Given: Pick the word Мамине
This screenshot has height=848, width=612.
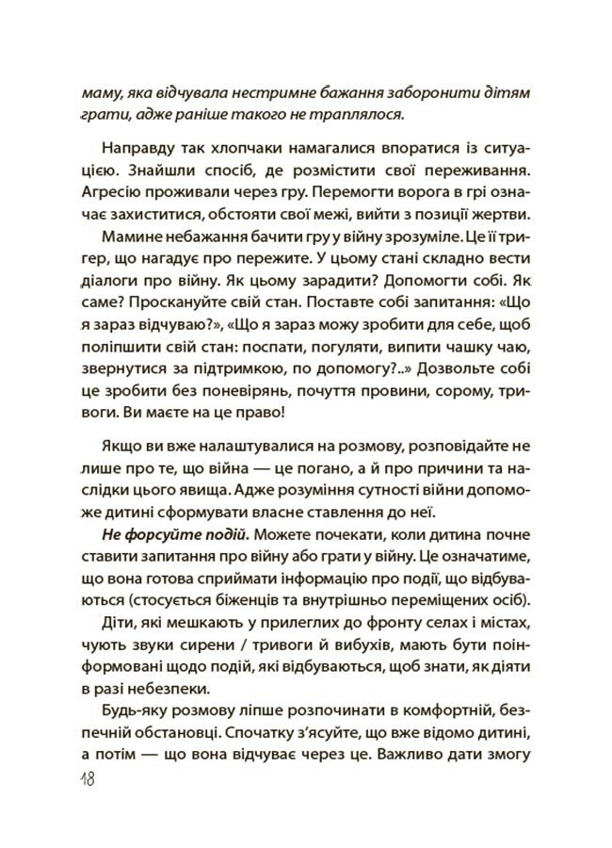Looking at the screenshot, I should (130, 236).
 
